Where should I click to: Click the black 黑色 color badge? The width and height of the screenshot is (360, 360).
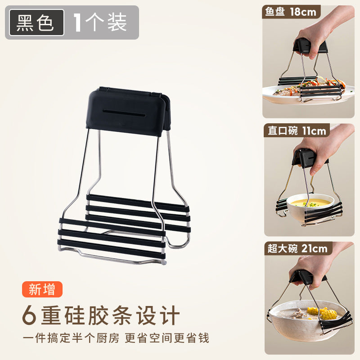[36, 22]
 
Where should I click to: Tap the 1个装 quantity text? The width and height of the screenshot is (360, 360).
[100, 22]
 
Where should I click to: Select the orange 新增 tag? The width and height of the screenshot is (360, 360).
[42, 289]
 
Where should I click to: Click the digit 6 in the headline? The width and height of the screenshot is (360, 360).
[29, 315]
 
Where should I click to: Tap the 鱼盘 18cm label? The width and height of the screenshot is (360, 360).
[291, 12]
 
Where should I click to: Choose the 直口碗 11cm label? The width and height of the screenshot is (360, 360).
[297, 130]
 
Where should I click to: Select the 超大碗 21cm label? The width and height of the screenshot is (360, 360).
[298, 248]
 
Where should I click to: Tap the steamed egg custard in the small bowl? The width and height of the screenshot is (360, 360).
[309, 202]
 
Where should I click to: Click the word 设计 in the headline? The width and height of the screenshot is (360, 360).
[157, 315]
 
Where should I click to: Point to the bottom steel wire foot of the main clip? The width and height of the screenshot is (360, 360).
[112, 256]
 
